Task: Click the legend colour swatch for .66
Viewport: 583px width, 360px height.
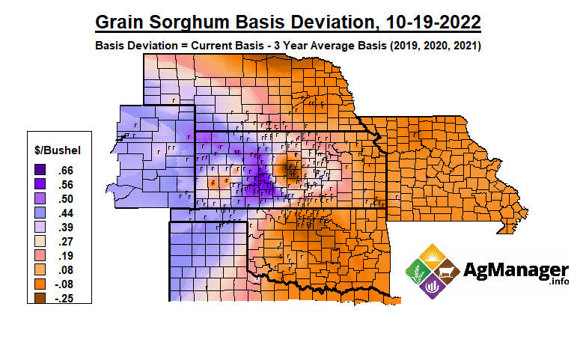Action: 40,170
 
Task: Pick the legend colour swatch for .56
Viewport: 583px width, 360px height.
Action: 40,184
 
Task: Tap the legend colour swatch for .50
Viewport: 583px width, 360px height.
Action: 40,198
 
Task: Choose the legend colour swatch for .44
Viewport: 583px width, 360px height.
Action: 40,213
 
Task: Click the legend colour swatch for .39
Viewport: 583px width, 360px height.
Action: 40,227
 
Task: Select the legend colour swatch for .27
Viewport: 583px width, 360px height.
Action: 40,241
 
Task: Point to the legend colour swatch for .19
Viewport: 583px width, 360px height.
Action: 40,255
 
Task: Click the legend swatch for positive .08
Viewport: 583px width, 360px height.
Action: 40,269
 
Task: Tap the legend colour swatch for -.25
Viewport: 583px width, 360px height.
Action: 40,298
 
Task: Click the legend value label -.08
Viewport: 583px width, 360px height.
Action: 63,284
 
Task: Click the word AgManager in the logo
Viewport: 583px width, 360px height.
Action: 517,269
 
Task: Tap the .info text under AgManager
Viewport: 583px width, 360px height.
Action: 558,282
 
